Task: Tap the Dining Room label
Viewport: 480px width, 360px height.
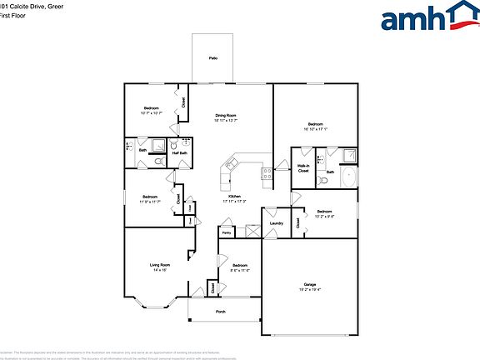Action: pos(227,115)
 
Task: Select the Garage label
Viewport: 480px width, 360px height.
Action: pos(309,286)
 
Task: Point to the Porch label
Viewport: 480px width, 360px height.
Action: pos(221,312)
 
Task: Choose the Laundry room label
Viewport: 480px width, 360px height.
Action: pos(277,222)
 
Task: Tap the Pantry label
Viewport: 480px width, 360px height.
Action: pos(226,233)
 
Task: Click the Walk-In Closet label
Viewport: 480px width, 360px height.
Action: pos(303,168)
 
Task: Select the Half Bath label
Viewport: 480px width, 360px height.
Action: pos(179,152)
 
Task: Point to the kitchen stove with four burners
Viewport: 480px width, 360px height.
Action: pos(267,174)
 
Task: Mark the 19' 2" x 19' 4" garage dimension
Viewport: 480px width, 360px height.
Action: pos(309,292)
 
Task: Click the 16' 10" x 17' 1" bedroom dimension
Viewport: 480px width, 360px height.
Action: pos(316,129)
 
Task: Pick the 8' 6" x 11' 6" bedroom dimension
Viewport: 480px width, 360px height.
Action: pos(240,270)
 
